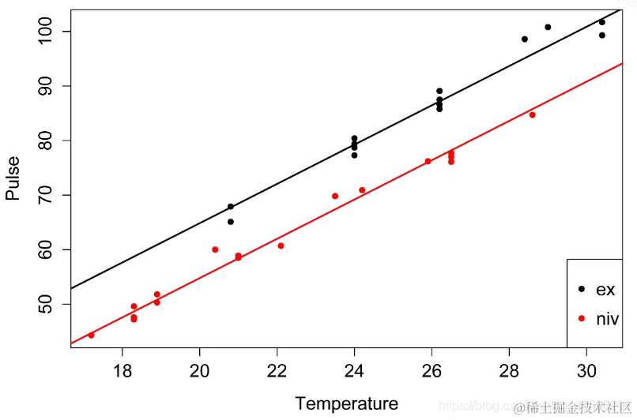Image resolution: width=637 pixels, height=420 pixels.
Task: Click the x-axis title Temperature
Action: coord(346,404)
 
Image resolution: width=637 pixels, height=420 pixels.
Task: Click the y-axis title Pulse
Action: coord(13,178)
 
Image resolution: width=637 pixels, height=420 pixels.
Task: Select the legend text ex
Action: coord(605,290)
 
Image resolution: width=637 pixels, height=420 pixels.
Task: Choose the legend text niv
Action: coord(607,319)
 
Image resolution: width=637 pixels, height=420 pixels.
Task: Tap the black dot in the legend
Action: coord(582,289)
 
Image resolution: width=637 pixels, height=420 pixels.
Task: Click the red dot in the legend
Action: coord(582,318)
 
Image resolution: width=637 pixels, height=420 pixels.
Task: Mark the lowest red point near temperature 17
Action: coord(92,336)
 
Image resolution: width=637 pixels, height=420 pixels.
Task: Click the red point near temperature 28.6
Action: coord(532,115)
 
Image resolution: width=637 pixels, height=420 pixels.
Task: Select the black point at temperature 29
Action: coord(548,28)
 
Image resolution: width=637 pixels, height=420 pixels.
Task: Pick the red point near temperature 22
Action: coord(281,246)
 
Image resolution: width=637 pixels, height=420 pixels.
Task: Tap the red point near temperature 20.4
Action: coord(215,249)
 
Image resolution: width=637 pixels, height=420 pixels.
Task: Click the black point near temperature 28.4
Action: coord(524,39)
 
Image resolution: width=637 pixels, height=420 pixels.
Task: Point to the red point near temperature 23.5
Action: coord(335,196)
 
